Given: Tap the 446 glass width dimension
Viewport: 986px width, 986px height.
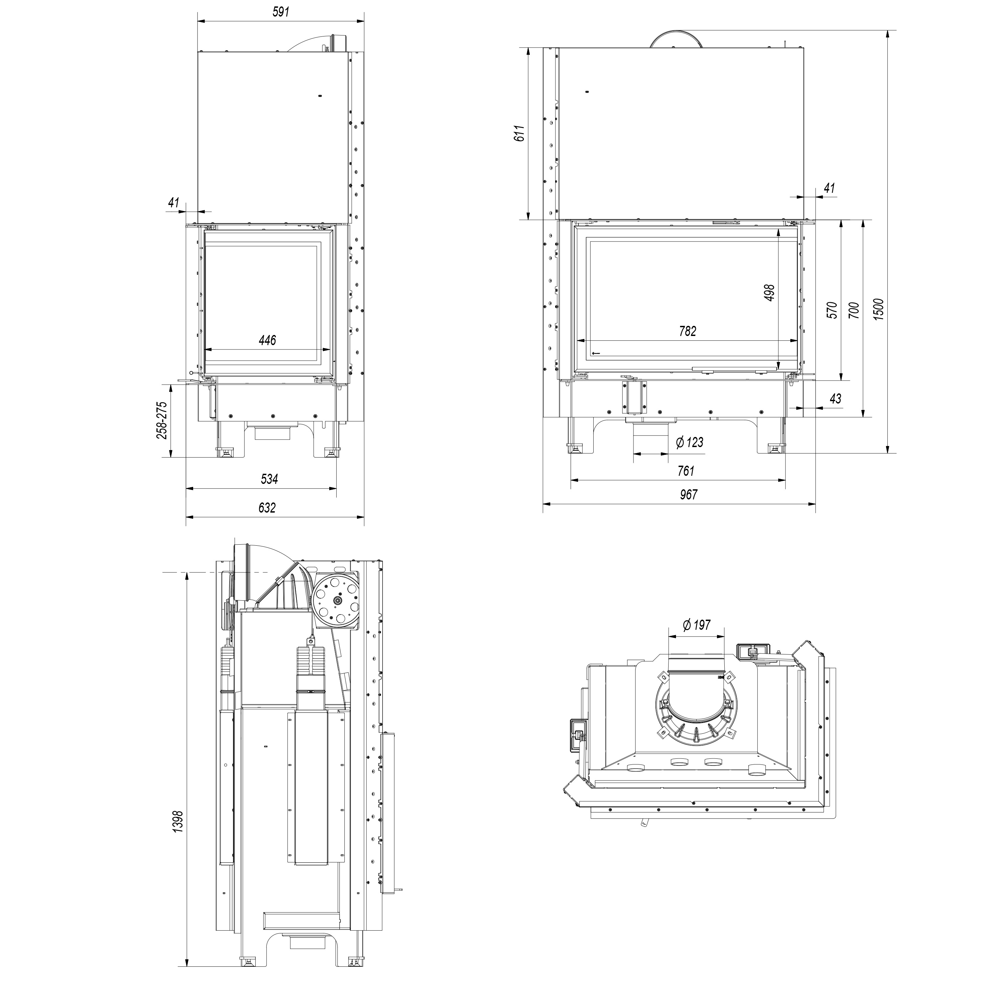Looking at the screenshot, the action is tap(267, 340).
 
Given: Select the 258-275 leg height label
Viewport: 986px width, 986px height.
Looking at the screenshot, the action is tap(162, 420).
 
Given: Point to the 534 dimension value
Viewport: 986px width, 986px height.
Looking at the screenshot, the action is tap(269, 479).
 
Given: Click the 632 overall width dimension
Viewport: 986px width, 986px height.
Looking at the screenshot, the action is tap(267, 507).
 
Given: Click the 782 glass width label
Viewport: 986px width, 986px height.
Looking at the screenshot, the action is tap(687, 331).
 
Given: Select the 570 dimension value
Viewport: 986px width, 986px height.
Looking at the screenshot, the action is tap(832, 310).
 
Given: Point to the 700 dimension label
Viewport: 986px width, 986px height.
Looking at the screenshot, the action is tap(854, 310).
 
